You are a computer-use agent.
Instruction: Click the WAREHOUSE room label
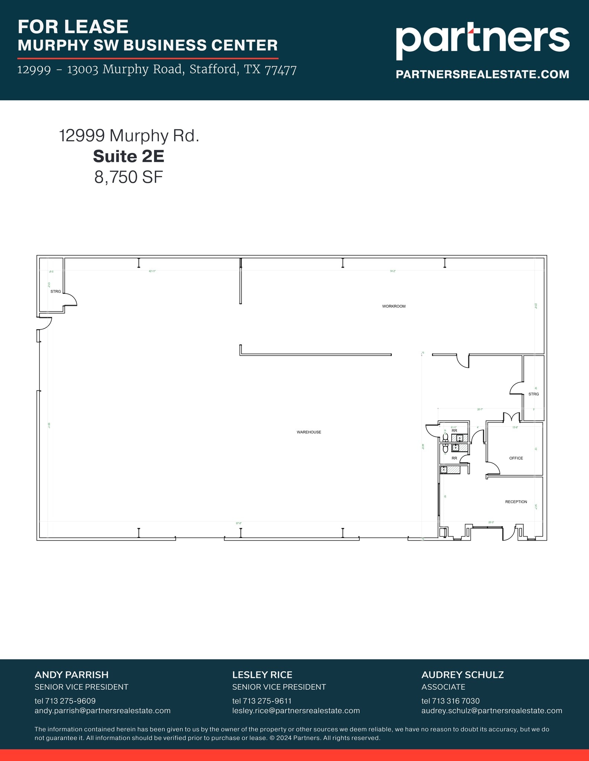(x=309, y=432)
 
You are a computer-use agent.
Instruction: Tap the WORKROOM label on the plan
(x=394, y=306)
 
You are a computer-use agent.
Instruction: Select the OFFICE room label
(x=516, y=458)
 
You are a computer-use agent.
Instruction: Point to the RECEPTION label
(x=516, y=502)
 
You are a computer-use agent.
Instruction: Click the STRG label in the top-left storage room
(x=56, y=291)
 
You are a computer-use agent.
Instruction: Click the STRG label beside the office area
(x=534, y=394)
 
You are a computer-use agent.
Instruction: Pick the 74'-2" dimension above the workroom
(x=393, y=271)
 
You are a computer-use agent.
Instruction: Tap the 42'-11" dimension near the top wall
(x=152, y=271)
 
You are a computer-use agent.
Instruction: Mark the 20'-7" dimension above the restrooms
(x=480, y=409)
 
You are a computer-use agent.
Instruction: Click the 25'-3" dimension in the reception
(x=491, y=522)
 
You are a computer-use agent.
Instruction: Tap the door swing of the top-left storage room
(x=71, y=299)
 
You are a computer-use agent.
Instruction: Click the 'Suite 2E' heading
(x=128, y=156)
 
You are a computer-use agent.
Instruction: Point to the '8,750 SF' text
(x=128, y=177)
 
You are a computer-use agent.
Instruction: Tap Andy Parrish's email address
(x=102, y=710)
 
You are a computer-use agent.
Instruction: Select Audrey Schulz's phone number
(x=450, y=701)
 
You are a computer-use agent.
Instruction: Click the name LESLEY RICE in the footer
(x=262, y=675)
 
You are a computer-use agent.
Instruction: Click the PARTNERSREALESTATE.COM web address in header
(x=482, y=74)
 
